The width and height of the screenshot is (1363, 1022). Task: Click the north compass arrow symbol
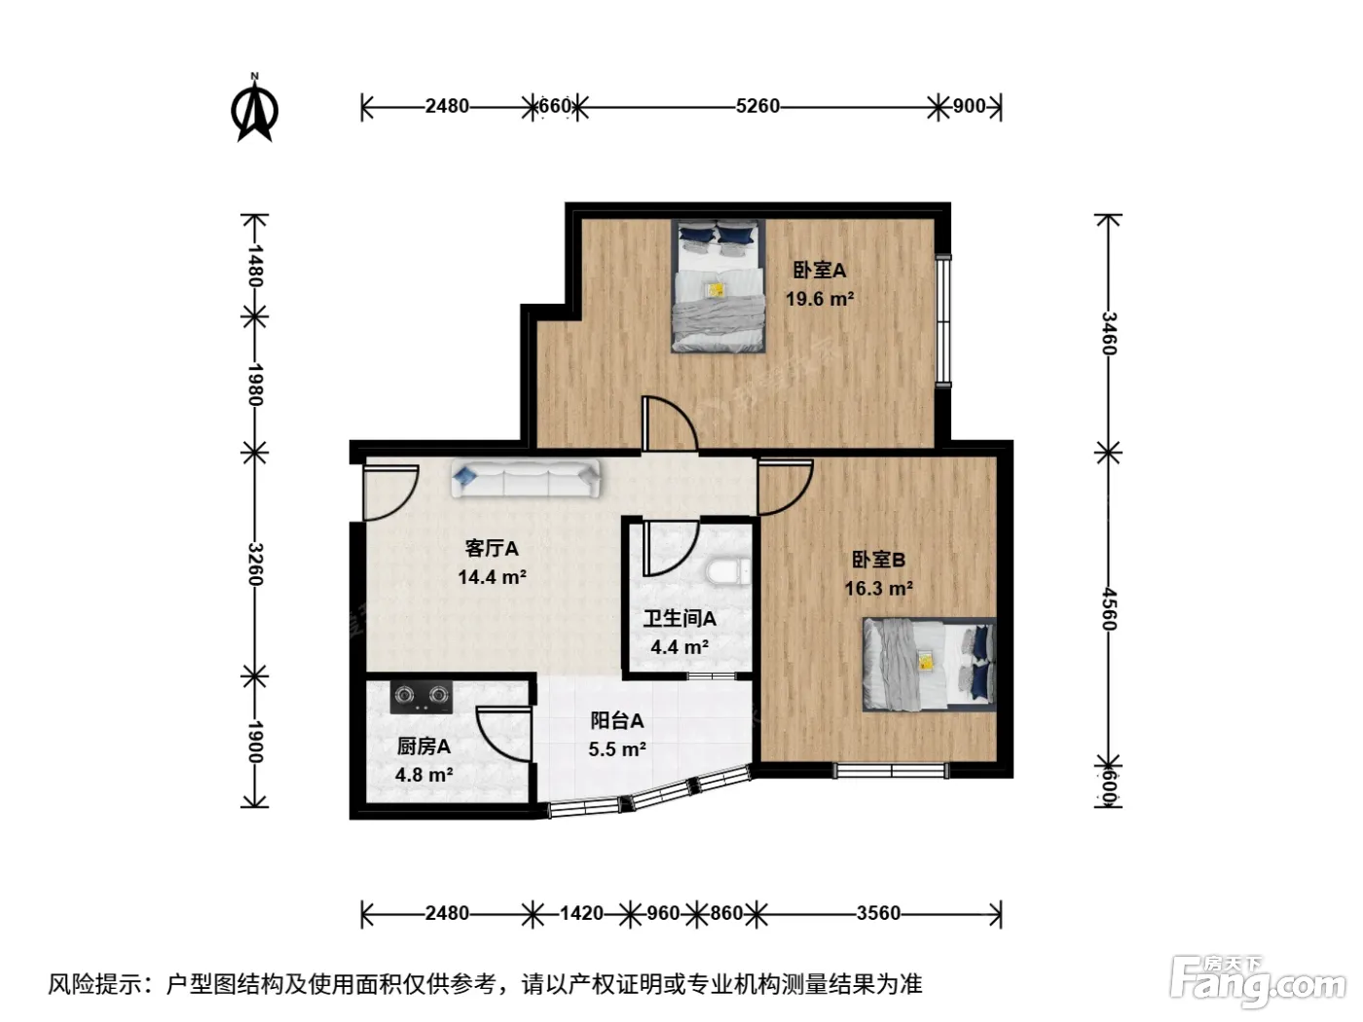coord(254,109)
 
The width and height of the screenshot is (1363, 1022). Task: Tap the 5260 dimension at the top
coord(756,106)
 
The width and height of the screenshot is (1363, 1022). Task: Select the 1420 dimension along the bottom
coord(581,913)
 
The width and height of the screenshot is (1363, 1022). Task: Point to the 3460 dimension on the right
coord(1108,333)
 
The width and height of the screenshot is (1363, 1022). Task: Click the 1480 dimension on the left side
coord(255,266)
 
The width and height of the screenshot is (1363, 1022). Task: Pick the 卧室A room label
coord(819,270)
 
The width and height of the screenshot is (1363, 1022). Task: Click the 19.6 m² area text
coord(819,299)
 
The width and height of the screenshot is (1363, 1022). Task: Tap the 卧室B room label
coord(877,560)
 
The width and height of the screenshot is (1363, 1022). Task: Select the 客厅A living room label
coord(492,548)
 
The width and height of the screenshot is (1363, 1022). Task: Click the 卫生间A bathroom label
coord(680,618)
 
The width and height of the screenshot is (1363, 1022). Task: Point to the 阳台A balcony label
coord(616,720)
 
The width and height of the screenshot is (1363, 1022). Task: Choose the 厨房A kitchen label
coord(424,746)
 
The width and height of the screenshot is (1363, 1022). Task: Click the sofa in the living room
coord(526,478)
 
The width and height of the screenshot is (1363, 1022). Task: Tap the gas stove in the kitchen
coord(421,697)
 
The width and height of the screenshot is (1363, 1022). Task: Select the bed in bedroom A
coord(718,286)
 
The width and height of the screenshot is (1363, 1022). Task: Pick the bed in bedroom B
coord(929,664)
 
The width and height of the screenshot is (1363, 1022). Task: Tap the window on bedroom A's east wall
coord(943,320)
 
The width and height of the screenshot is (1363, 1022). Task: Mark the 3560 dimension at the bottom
coord(878,913)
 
